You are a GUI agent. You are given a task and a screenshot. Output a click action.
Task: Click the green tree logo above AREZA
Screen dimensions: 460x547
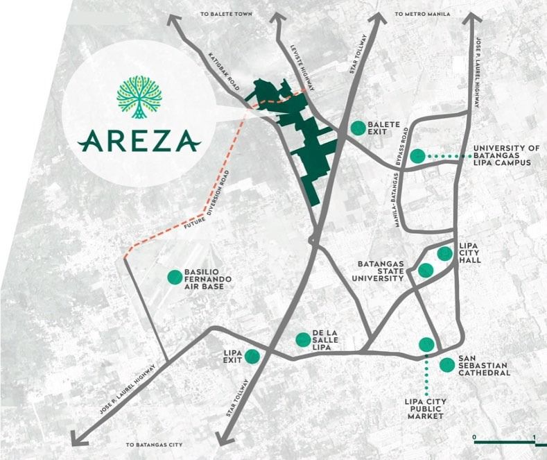click(x=141, y=97)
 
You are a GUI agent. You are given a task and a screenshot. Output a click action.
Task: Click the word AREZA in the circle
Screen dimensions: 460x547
click(x=140, y=142)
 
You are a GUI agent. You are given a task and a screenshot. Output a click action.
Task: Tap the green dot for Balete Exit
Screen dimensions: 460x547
click(x=358, y=128)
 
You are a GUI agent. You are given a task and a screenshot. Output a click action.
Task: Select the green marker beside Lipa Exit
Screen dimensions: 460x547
click(x=252, y=357)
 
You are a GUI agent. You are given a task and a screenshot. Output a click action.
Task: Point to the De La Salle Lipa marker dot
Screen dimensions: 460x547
click(x=303, y=339)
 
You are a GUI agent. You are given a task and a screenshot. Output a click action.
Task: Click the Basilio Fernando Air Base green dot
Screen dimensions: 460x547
click(x=173, y=278)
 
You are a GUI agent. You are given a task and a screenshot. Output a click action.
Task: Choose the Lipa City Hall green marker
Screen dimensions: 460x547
click(x=444, y=253)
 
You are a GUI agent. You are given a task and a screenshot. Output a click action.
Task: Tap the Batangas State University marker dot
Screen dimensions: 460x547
click(x=426, y=270)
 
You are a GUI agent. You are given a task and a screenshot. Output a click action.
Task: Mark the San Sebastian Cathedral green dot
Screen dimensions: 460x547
click(x=447, y=364)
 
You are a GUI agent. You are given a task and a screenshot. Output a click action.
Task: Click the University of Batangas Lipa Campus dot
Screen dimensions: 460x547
click(x=417, y=156)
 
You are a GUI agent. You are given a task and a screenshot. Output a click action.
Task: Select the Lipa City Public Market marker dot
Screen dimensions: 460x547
click(x=426, y=344)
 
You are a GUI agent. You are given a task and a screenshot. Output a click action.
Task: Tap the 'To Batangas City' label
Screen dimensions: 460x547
click(x=154, y=445)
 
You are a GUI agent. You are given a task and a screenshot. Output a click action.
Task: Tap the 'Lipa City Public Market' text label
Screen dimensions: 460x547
click(x=424, y=409)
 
